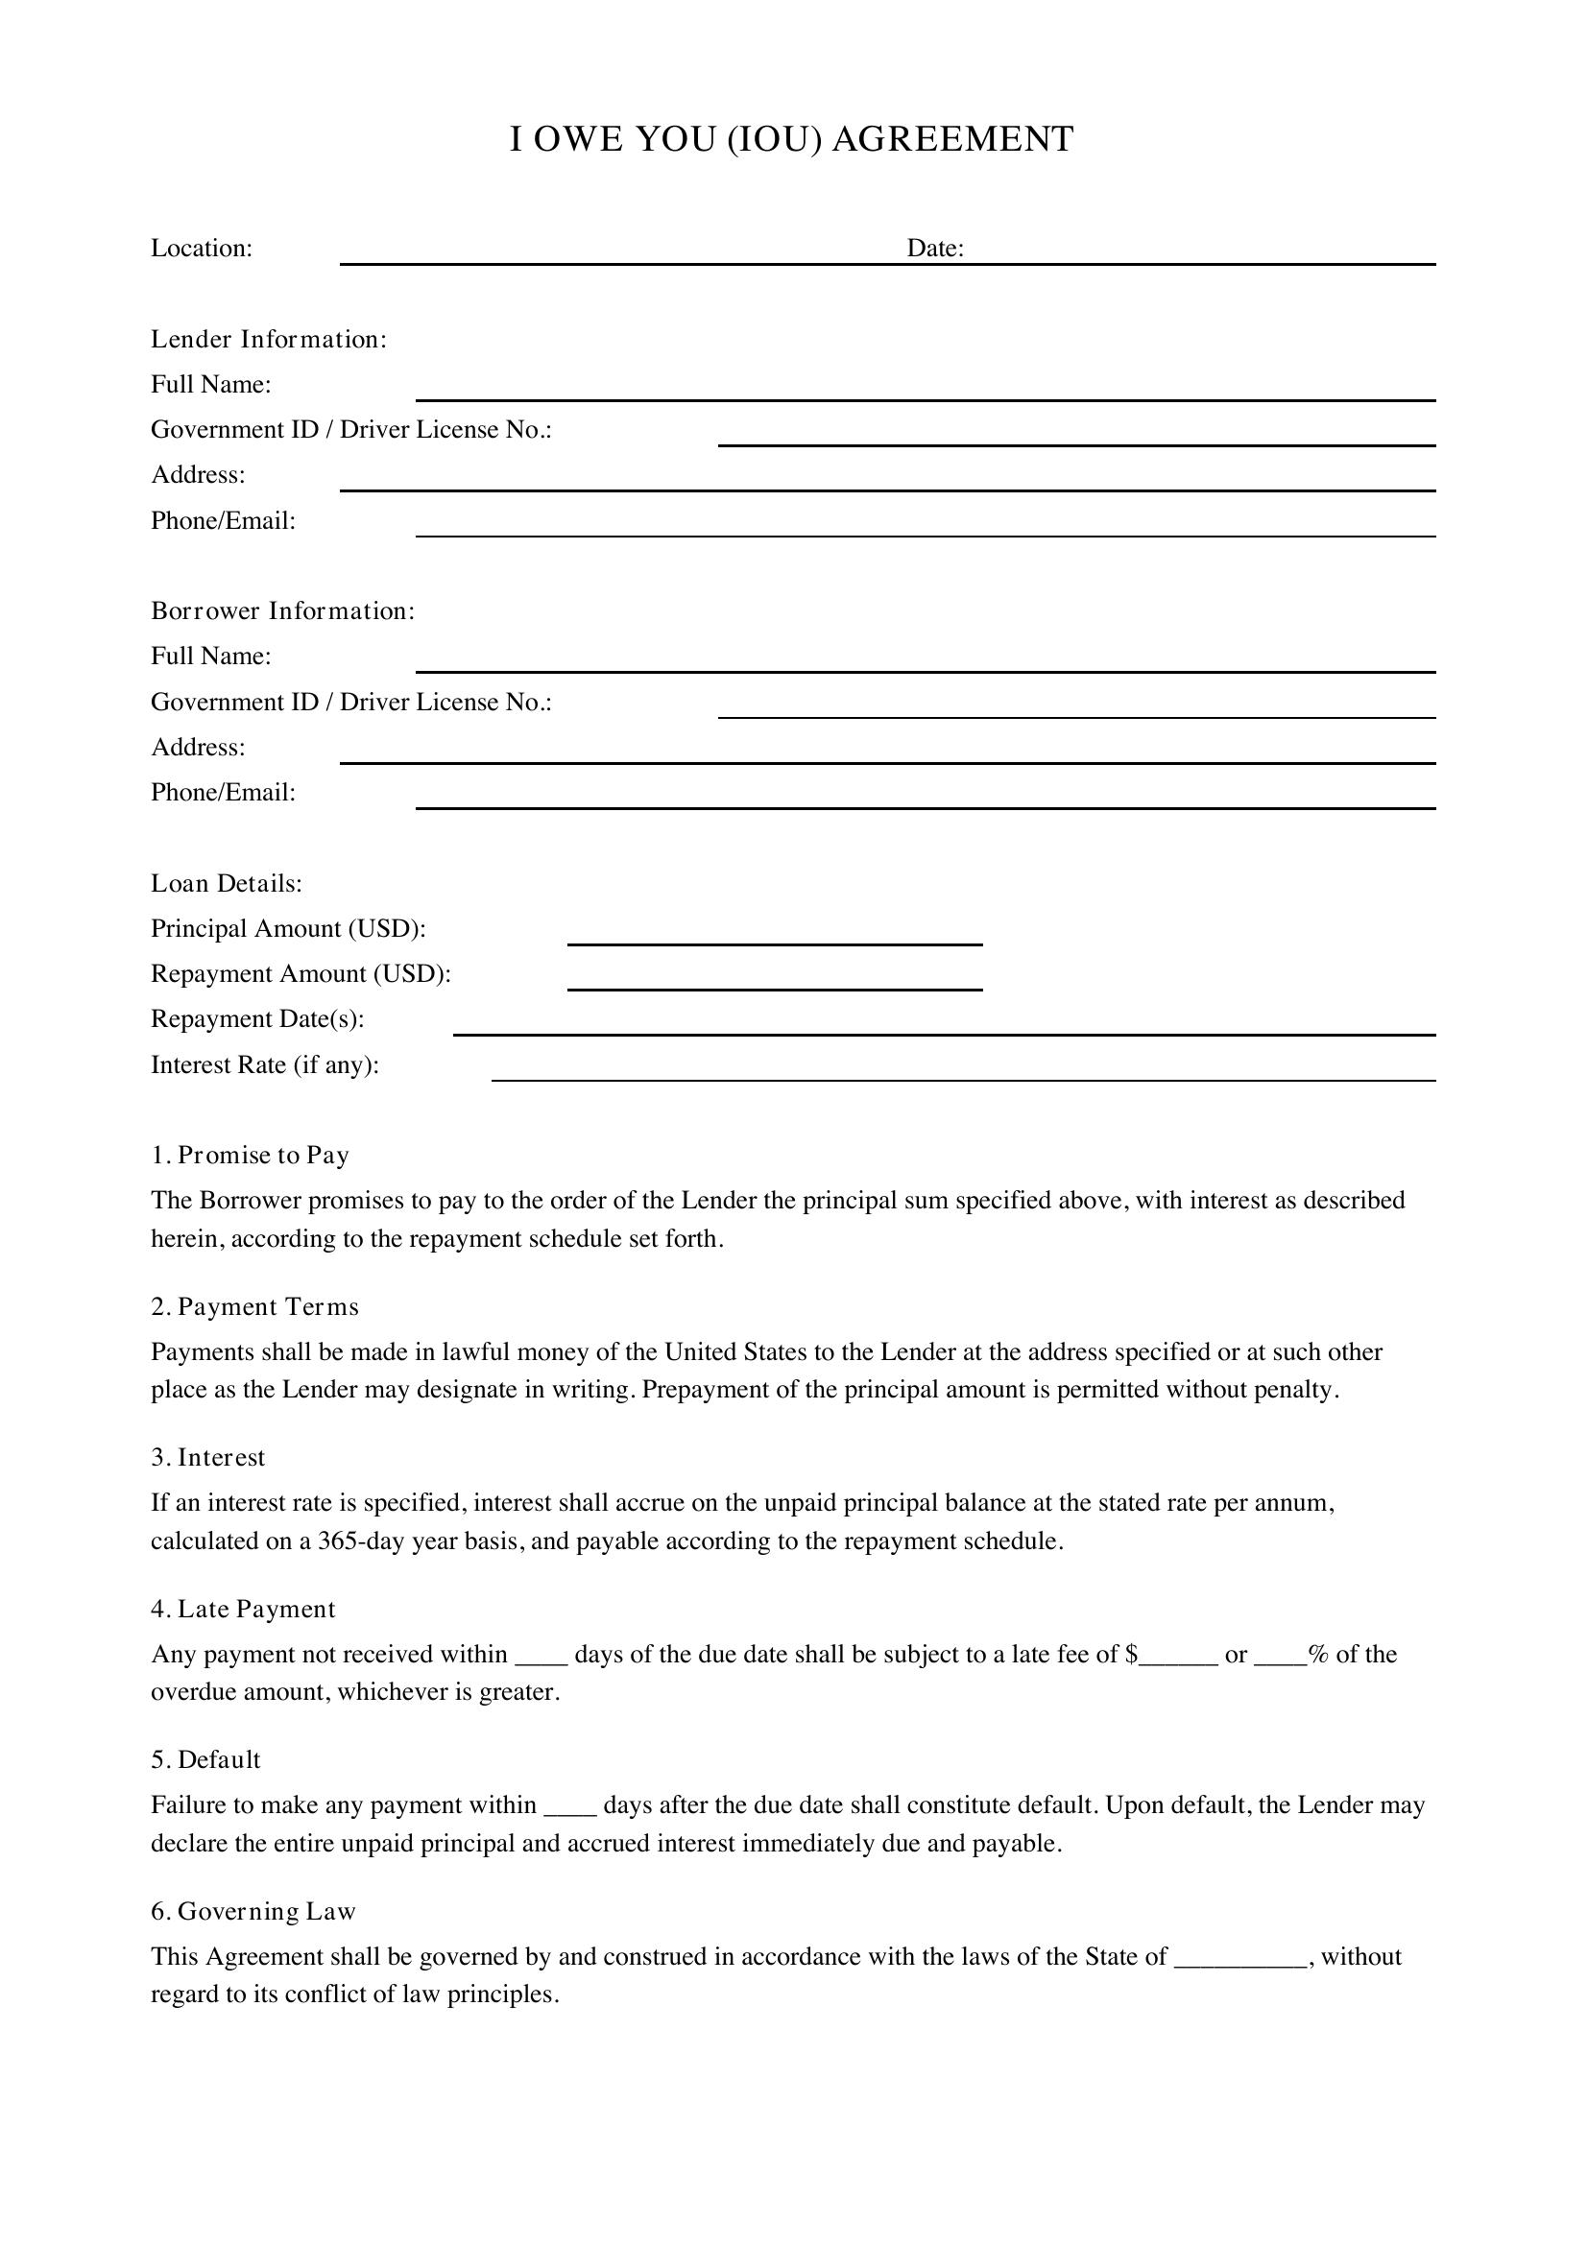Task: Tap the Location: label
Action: (x=202, y=249)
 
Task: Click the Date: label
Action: (x=935, y=249)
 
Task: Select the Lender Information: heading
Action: (x=269, y=339)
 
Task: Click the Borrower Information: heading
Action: (x=282, y=611)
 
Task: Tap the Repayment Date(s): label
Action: (x=257, y=1019)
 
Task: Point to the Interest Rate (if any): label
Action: (x=265, y=1064)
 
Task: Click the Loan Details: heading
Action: (x=227, y=884)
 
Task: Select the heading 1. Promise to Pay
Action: (x=251, y=1156)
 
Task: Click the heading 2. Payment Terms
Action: (x=255, y=1307)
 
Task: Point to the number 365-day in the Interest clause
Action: (x=361, y=1542)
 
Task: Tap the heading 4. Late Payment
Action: (x=244, y=1610)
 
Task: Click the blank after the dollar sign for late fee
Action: (x=1179, y=1658)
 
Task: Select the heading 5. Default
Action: (x=206, y=1760)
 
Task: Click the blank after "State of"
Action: (x=1239, y=1960)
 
